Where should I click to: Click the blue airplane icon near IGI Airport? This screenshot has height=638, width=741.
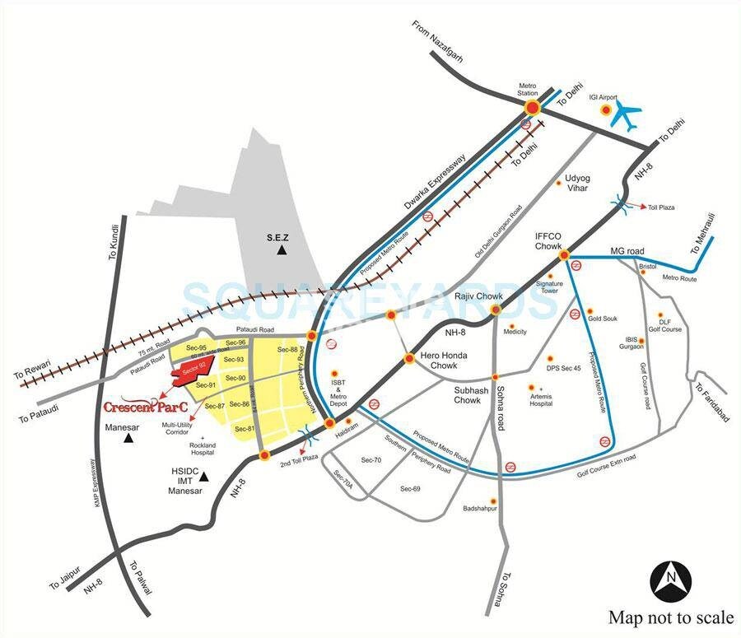point(629,114)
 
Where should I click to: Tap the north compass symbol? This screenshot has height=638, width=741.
point(671,581)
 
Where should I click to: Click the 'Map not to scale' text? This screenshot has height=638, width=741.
point(670,617)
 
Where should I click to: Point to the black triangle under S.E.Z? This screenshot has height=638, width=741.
point(281,249)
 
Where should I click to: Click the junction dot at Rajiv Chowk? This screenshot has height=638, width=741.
point(496,310)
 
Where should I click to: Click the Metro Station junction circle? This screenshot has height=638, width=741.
point(532,108)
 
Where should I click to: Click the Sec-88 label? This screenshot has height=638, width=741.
point(287,350)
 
